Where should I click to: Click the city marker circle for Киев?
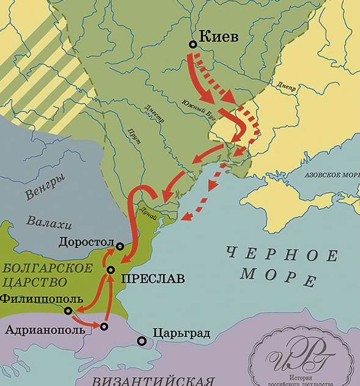[x=193, y=44]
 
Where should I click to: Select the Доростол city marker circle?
[x=120, y=247]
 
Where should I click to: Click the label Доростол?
[x=87, y=241]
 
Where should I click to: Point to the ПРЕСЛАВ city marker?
[x=111, y=270]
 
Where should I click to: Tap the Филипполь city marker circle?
[x=68, y=311]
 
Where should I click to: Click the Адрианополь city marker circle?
[x=104, y=327]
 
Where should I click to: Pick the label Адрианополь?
[x=49, y=330]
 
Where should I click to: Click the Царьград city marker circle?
[x=142, y=341]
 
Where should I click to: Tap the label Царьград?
[x=182, y=333]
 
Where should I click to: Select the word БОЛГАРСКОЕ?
[x=47, y=268]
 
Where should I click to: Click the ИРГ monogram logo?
[x=299, y=359]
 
